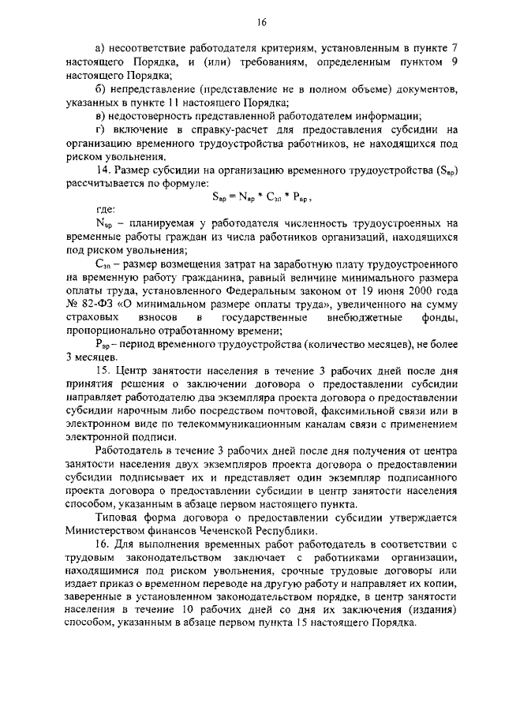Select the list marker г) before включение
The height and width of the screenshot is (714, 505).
(99, 129)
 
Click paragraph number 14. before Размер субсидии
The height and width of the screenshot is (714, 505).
(102, 170)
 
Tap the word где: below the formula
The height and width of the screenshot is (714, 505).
(104, 210)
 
